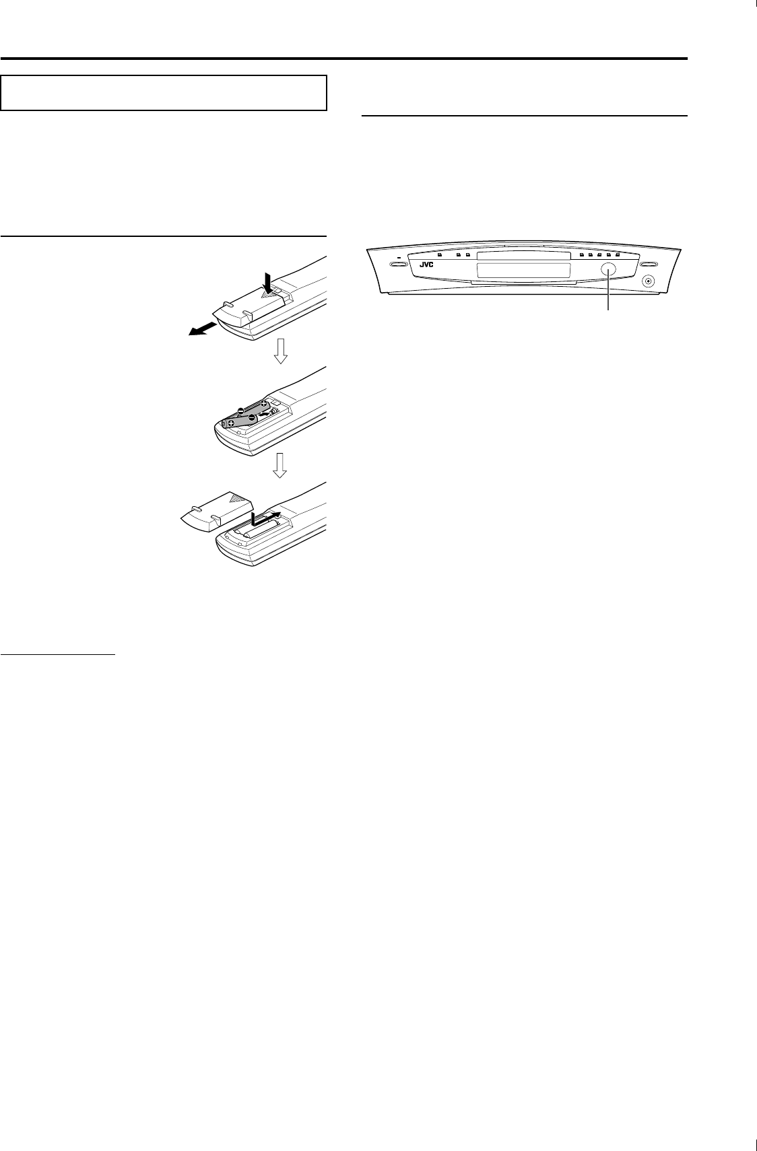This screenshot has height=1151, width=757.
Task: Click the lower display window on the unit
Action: (523, 271)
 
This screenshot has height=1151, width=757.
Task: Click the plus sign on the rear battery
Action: (265, 405)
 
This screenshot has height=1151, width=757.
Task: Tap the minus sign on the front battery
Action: (252, 417)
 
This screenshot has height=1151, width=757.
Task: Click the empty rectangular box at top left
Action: (164, 92)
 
